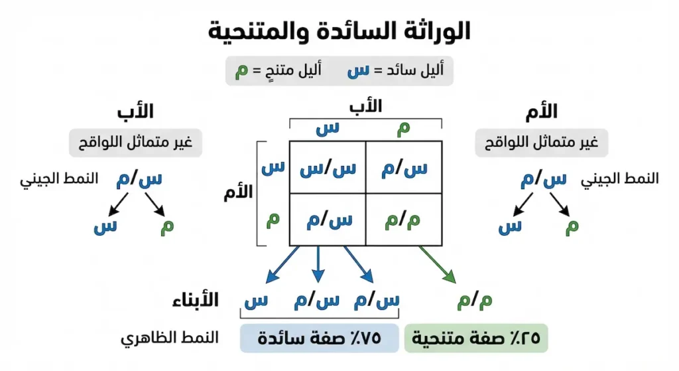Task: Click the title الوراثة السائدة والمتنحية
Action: [339, 30]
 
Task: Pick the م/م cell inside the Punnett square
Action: [403, 220]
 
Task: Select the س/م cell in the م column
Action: [403, 168]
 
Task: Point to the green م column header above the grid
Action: [403, 129]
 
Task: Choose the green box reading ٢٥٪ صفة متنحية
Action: [476, 338]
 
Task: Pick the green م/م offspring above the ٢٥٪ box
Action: [475, 301]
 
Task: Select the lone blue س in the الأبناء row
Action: [255, 301]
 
